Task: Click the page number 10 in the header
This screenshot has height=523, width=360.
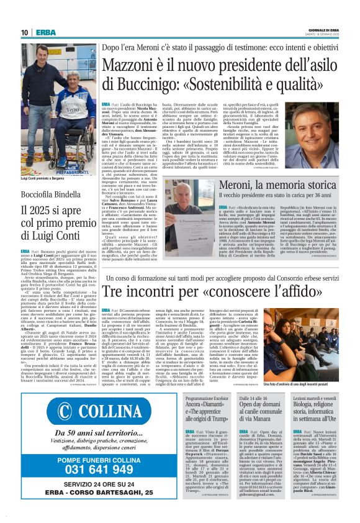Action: click(25, 32)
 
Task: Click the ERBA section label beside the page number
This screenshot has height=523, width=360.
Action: click(45, 32)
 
